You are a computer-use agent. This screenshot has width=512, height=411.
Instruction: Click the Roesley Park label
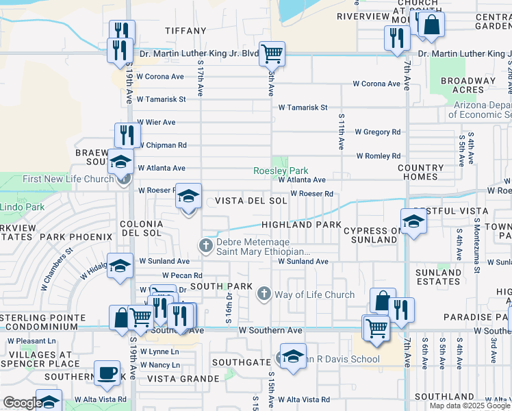[x=281, y=171]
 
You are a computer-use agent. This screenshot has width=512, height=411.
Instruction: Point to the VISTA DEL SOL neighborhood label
[x=251, y=201]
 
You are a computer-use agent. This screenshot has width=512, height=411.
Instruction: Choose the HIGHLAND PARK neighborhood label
[x=300, y=225]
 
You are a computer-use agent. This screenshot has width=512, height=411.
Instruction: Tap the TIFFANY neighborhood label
[x=185, y=31]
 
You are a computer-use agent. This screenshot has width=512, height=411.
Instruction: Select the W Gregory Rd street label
[x=377, y=132]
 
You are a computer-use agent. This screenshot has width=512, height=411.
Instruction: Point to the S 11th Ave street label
[x=340, y=132]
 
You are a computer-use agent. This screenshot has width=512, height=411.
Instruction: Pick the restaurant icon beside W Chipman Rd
[x=125, y=134]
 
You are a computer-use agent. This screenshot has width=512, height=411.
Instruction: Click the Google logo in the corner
[x=22, y=403]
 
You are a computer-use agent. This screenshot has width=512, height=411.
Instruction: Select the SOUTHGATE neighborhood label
[x=241, y=362]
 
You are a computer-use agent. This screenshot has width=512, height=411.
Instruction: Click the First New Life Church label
[x=68, y=179]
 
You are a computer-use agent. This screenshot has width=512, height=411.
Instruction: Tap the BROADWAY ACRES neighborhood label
[x=468, y=85]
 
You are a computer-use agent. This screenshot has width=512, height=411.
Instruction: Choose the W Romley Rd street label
[x=378, y=155]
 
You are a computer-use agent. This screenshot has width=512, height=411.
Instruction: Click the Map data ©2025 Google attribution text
[x=470, y=406]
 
